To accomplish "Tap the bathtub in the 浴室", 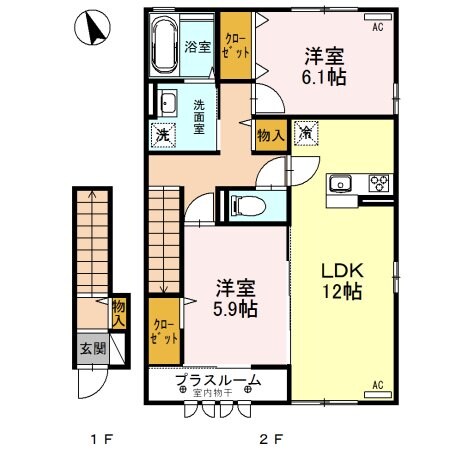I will point(165,46).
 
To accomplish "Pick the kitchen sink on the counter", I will point(339,183).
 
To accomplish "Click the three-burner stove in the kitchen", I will point(379,183).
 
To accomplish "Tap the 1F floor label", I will point(98,438).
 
